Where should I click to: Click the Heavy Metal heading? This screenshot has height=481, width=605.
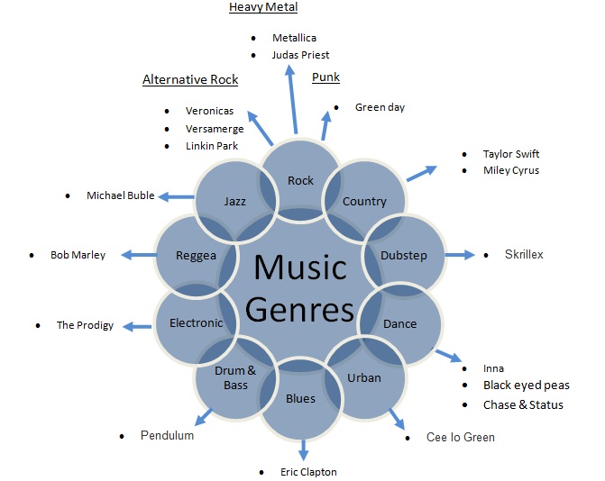click(263, 7)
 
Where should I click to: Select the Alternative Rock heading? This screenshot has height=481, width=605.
click(190, 79)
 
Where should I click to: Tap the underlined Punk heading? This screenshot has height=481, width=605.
click(325, 77)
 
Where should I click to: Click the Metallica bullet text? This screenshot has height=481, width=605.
click(294, 38)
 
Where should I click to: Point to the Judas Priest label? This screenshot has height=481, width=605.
click(301, 54)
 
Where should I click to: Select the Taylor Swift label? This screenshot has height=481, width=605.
click(510, 154)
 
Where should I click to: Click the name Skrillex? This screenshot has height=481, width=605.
click(524, 255)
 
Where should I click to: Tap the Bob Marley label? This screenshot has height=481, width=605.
click(78, 255)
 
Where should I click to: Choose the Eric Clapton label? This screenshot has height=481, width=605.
click(307, 471)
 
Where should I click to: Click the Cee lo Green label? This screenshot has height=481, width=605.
click(461, 437)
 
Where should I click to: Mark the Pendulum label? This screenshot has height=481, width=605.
click(167, 436)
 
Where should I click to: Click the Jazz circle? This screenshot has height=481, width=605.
click(235, 201)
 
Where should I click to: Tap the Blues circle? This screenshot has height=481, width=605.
click(300, 398)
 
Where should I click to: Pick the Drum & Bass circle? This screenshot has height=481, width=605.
click(235, 377)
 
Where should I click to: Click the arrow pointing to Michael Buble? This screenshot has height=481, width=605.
click(179, 196)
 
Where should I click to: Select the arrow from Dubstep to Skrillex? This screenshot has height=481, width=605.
click(460, 255)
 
